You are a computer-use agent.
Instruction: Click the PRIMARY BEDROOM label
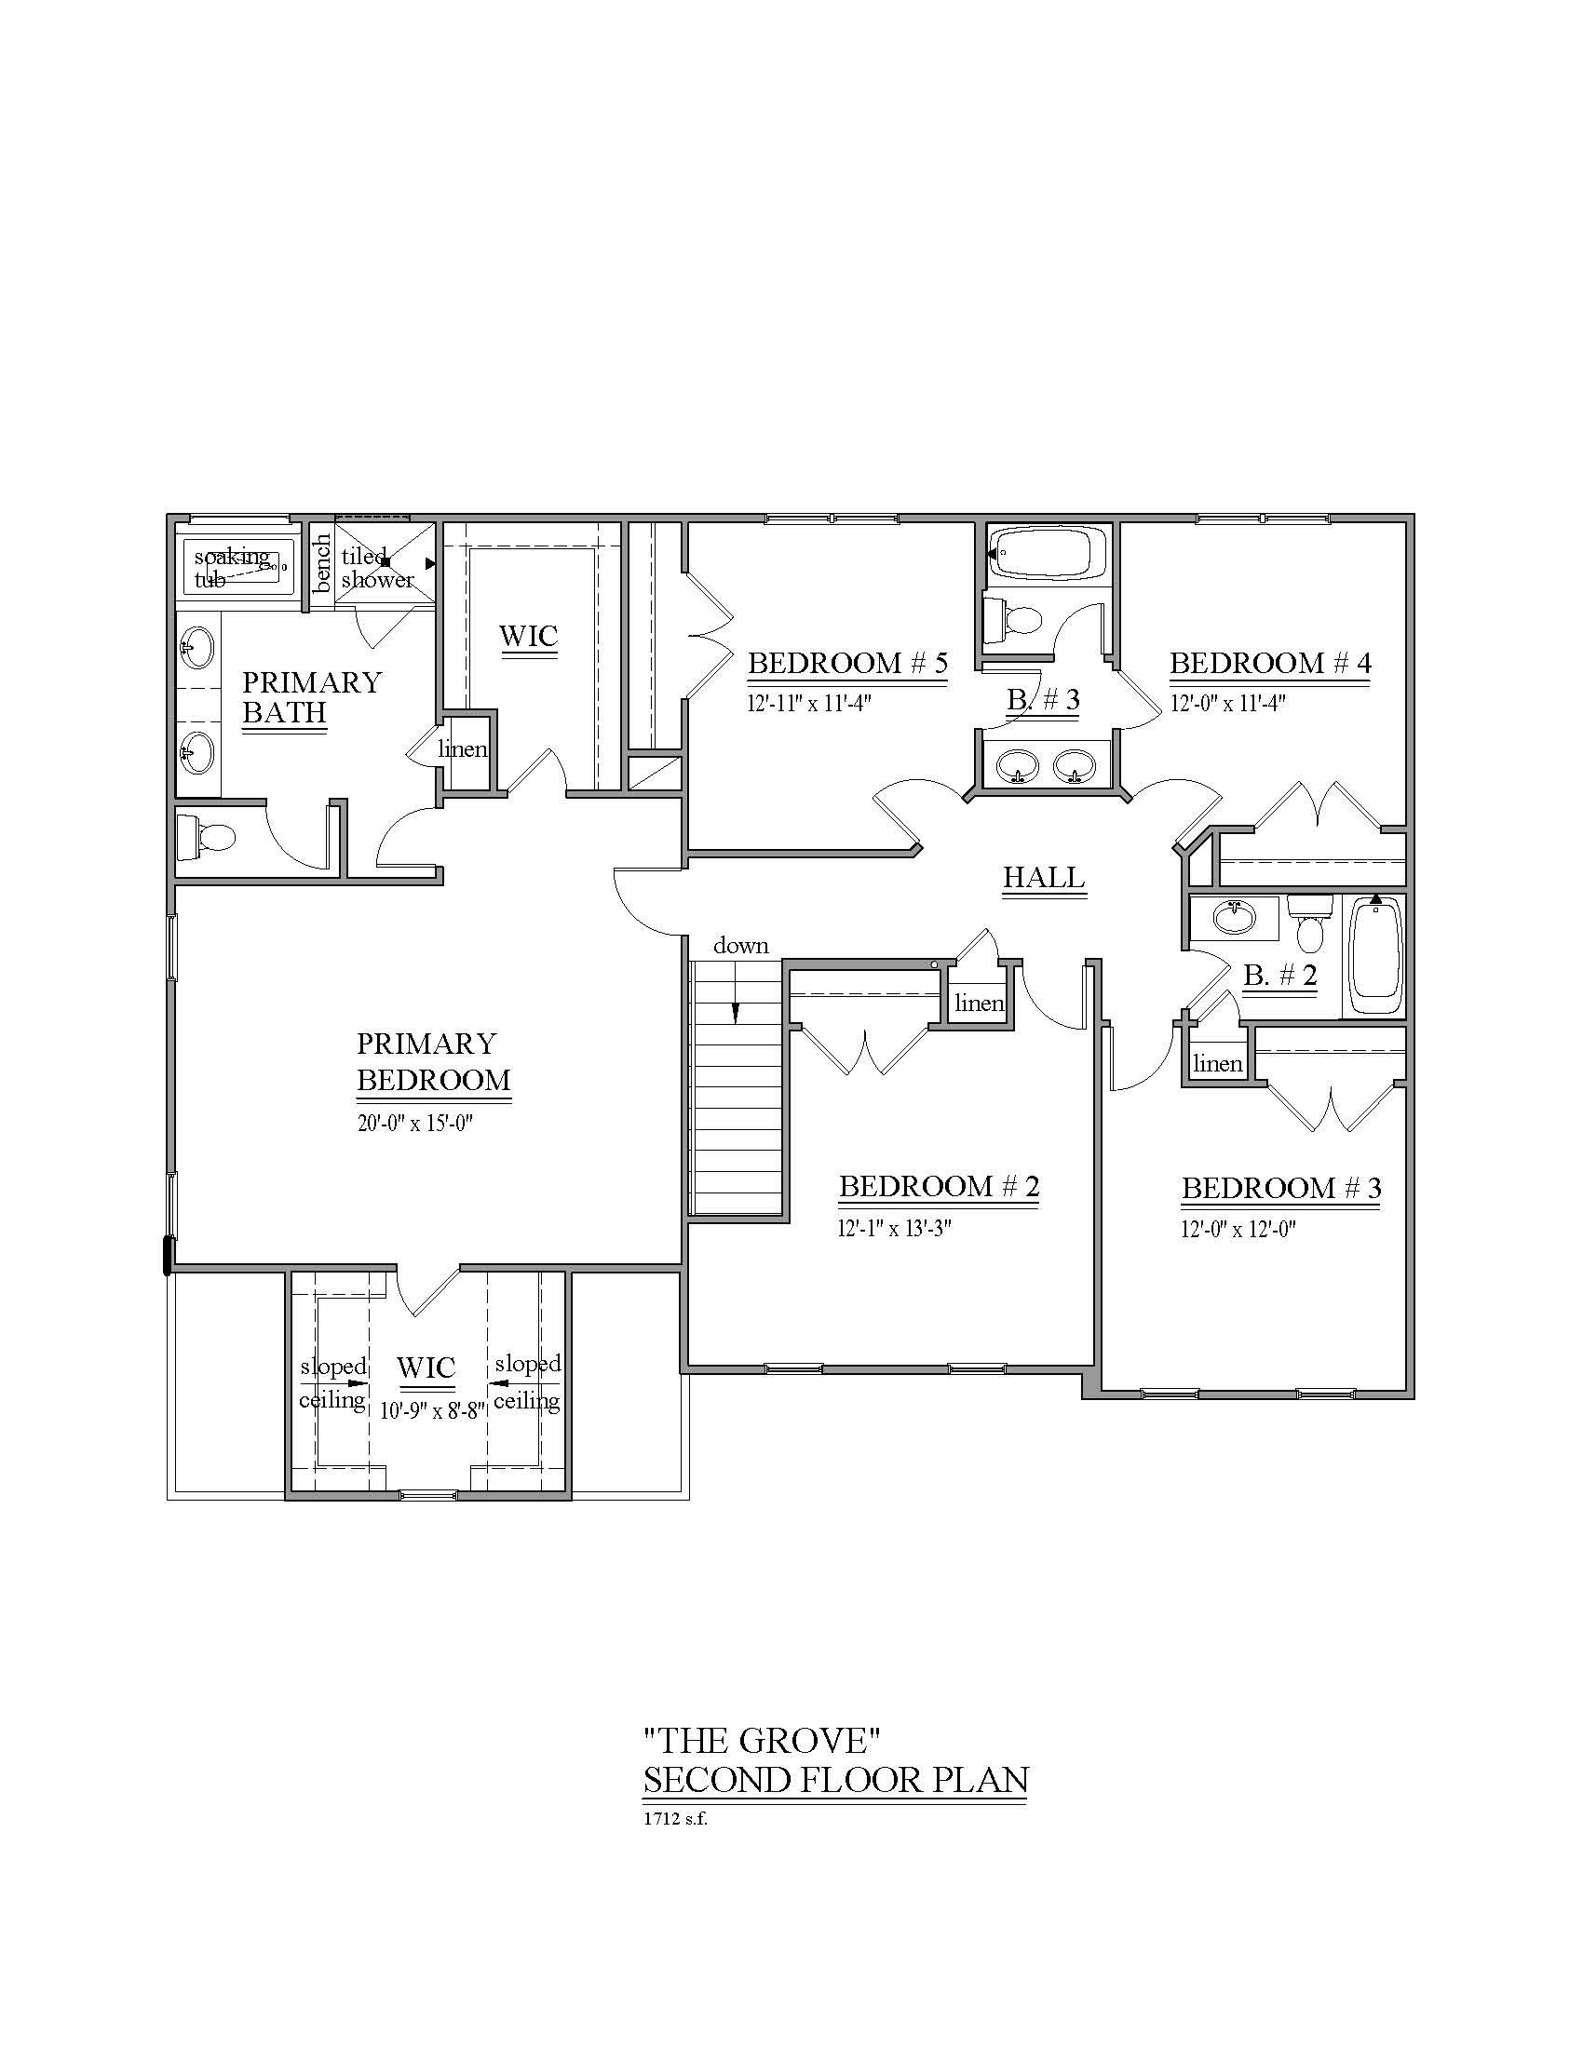(432, 1061)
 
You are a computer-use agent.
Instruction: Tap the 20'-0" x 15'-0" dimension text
(414, 1123)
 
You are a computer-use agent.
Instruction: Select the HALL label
(1044, 878)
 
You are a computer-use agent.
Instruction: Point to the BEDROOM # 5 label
(846, 664)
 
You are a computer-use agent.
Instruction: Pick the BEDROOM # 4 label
(1270, 664)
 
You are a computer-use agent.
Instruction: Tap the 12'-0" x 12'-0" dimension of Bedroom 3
(1237, 1229)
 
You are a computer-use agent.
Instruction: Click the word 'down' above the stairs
(741, 945)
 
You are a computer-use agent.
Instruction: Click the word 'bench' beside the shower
(321, 562)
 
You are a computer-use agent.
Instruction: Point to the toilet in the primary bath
(207, 838)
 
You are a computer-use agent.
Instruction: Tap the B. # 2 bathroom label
(1280, 977)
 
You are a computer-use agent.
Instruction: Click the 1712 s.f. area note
(674, 1819)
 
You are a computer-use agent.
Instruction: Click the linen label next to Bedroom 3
(1218, 1063)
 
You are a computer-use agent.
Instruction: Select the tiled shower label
(377, 567)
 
